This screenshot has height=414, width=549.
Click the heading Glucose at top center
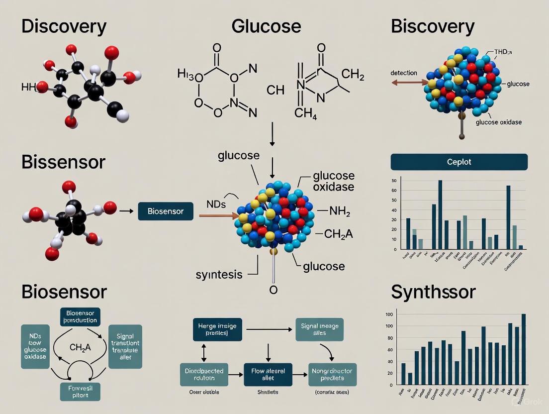tap(266, 26)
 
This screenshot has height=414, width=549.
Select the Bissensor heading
tap(63, 162)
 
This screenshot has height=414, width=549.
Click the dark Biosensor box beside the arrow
tap(166, 211)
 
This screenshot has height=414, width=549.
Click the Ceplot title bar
tap(458, 162)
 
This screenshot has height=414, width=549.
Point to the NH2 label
tap(340, 212)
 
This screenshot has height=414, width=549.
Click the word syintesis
tap(219, 274)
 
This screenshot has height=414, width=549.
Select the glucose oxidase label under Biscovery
tap(498, 122)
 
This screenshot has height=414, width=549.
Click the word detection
tap(404, 73)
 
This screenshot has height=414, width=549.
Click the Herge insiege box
tap(217, 330)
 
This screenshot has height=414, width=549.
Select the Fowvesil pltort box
tap(80, 391)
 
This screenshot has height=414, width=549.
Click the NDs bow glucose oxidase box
tap(35, 346)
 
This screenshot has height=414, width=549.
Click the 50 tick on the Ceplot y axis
tap(394, 181)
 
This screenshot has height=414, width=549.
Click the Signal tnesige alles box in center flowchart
tap(319, 329)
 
